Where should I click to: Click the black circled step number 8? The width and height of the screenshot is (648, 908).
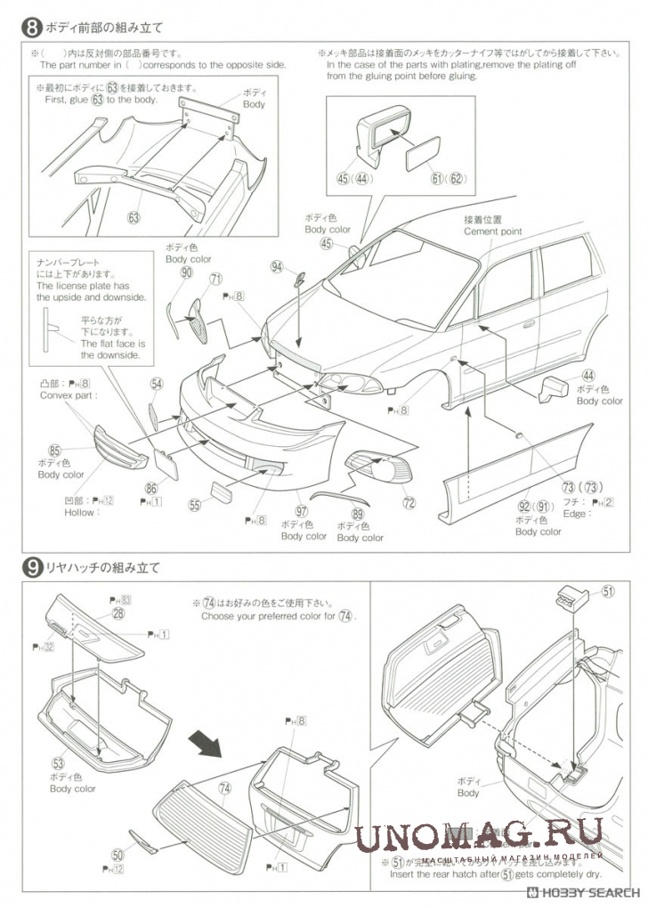tap(30, 28)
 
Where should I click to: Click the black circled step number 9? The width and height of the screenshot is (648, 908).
tap(30, 566)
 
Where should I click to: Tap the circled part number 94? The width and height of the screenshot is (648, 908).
tap(279, 266)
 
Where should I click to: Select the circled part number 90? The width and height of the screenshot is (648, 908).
tap(186, 273)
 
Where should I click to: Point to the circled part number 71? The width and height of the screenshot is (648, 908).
tap(215, 279)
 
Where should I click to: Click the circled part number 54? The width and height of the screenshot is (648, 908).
tap(157, 384)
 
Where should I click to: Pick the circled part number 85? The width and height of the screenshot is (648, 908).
tap(54, 450)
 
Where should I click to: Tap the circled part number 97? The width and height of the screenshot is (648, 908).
tap(303, 511)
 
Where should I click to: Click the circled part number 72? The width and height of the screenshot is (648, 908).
tap(409, 503)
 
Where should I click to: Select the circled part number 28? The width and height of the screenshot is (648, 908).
tap(118, 614)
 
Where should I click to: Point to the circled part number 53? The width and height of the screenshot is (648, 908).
tap(59, 763)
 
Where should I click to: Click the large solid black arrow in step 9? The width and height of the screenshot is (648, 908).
tap(208, 742)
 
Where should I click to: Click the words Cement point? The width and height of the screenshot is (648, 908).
tap(493, 231)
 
